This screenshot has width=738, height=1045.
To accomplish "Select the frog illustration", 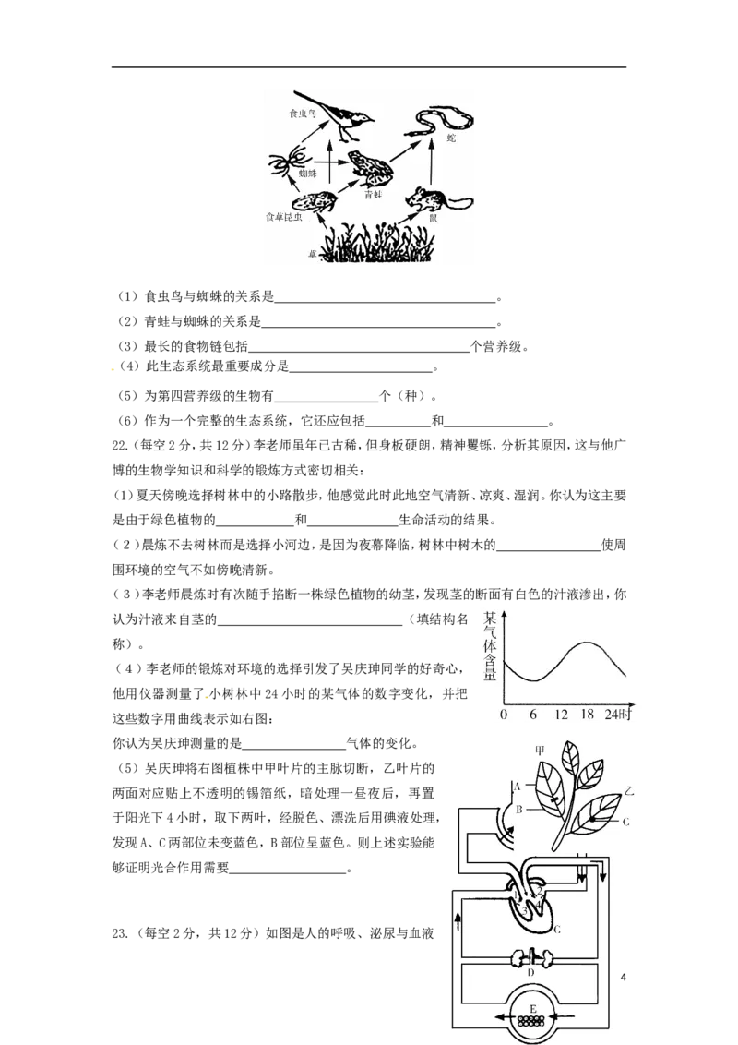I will (x=369, y=166).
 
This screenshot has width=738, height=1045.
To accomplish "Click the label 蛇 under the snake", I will (x=451, y=138).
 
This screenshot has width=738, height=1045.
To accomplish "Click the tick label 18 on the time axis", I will (x=588, y=715).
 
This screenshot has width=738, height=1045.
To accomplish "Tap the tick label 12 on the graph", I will (x=560, y=715).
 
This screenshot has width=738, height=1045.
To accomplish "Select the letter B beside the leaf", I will (x=518, y=810).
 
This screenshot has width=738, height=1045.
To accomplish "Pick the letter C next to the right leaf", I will (x=625, y=821).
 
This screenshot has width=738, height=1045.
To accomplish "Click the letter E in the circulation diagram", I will (x=530, y=1008).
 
